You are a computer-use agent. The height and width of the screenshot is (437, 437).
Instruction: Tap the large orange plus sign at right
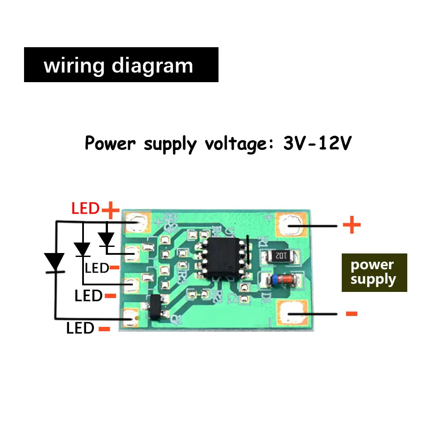pyautogui.click(x=351, y=225)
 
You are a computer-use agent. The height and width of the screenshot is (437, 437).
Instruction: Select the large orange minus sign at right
pyautogui.click(x=351, y=313)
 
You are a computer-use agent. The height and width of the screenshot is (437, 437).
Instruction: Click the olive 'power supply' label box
pyautogui.click(x=374, y=272)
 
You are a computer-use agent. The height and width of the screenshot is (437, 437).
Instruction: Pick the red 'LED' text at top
pyautogui.click(x=86, y=208)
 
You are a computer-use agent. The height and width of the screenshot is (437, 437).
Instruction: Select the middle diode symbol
pyautogui.click(x=82, y=250)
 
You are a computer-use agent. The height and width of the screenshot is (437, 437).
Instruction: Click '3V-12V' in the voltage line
pyautogui.click(x=317, y=143)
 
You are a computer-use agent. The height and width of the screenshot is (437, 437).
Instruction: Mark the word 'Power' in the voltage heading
pyautogui.click(x=111, y=143)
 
